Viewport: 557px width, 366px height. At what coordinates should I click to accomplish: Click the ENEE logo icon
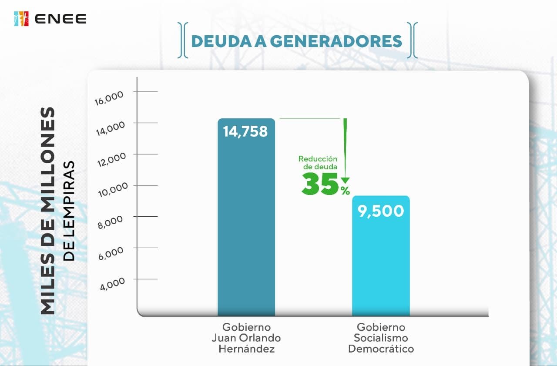(x=21, y=19)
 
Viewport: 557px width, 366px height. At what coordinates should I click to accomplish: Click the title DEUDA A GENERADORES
(x=296, y=41)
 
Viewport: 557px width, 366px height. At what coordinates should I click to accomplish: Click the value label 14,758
(x=245, y=131)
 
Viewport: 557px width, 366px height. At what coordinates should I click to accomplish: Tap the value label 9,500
(x=381, y=211)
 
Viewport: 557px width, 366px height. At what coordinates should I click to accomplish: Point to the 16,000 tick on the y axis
(x=109, y=97)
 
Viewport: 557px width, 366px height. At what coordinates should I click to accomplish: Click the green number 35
(x=320, y=184)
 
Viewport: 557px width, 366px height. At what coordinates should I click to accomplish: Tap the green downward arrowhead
(x=345, y=180)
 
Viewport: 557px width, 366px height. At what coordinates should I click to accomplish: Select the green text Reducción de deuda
(x=318, y=163)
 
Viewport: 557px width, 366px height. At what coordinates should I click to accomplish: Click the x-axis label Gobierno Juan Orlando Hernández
(x=246, y=338)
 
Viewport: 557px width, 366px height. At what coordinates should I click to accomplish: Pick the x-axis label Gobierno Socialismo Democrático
(x=381, y=338)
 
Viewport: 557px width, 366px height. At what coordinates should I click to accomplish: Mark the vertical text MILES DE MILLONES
(x=48, y=211)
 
